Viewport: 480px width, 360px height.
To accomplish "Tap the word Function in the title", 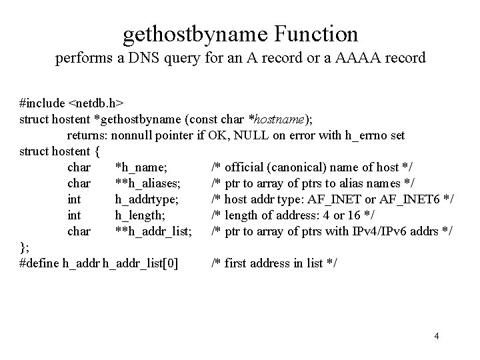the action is point(319,33).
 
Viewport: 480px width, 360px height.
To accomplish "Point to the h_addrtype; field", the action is point(146,199).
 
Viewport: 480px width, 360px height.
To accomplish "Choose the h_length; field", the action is point(141,215).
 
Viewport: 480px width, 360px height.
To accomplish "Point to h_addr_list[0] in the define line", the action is point(141,263).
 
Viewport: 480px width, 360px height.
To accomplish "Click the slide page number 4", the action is point(436,336).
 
